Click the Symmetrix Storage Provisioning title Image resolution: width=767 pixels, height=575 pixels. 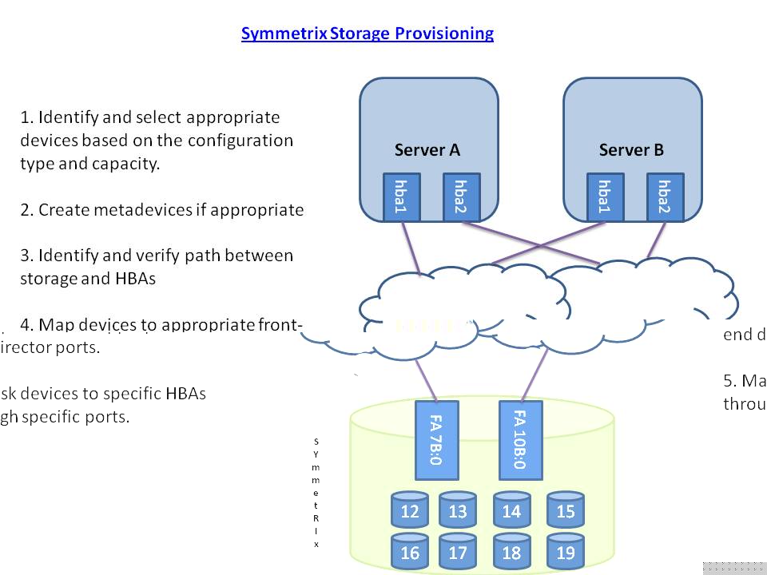click(x=367, y=34)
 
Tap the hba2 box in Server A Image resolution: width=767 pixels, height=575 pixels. click(x=460, y=197)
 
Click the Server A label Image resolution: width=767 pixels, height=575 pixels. click(x=427, y=150)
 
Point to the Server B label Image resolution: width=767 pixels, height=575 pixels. click(x=631, y=150)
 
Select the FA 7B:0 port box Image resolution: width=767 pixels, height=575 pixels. click(x=437, y=438)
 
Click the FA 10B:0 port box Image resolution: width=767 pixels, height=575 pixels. click(x=519, y=438)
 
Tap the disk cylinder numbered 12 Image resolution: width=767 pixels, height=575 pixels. click(x=410, y=510)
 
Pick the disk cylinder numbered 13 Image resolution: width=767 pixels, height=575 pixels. click(x=458, y=510)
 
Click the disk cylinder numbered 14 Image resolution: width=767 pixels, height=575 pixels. click(x=511, y=510)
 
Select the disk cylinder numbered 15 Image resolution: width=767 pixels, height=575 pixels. click(x=565, y=510)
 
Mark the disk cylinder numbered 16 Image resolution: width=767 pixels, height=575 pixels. click(x=410, y=552)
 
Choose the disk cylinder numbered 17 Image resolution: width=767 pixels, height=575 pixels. click(x=458, y=552)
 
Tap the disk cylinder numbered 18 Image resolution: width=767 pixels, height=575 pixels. click(x=511, y=552)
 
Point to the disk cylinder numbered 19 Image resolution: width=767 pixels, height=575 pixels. click(x=565, y=552)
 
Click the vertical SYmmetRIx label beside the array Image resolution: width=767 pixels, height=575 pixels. click(x=316, y=492)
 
